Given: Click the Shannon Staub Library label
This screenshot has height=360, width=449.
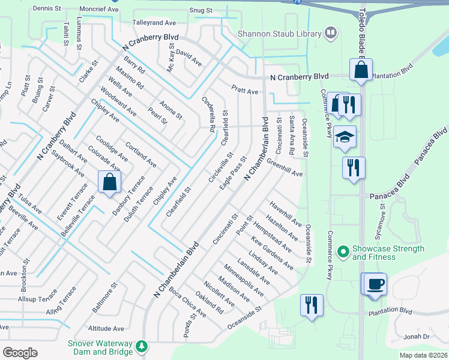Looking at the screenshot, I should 280,34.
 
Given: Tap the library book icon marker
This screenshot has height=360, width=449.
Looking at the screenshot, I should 331,34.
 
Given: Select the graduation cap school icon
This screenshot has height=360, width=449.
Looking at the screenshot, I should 345,137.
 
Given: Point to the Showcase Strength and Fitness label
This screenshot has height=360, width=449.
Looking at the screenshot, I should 388,253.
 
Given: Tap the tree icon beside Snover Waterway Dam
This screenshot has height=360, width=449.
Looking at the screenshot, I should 142,346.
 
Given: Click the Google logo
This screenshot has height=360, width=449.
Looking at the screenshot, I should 19,353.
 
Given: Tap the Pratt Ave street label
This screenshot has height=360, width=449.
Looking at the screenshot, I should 245,90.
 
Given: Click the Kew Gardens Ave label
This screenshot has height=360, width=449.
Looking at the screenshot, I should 272,252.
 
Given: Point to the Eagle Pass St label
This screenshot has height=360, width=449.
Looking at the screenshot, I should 234,175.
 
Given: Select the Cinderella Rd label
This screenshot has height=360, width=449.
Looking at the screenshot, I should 209,114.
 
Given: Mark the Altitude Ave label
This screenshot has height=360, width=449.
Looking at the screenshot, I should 106,329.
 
